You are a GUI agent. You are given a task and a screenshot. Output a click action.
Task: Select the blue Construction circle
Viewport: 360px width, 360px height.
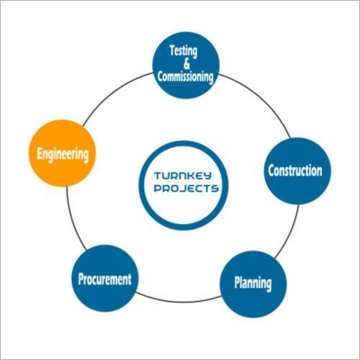click(294, 171)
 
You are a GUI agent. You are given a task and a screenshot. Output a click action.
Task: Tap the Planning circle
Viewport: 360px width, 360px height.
click(252, 282)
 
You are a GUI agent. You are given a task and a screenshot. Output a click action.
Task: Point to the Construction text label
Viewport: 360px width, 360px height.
click(294, 171)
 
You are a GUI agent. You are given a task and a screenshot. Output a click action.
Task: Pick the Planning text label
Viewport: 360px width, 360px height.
click(252, 283)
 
